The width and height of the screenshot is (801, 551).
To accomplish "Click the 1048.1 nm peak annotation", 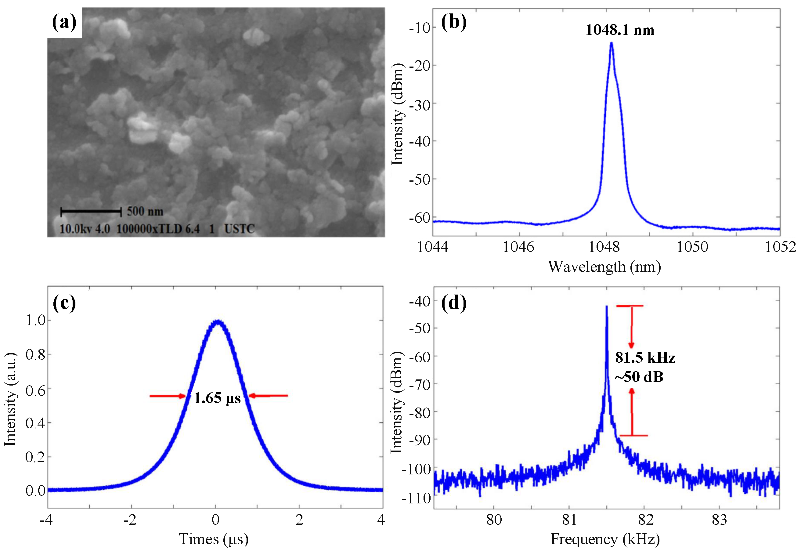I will click(619, 30).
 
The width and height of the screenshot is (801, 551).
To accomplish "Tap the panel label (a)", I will click(64, 23).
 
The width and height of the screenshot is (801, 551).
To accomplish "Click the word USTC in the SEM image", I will click(239, 229).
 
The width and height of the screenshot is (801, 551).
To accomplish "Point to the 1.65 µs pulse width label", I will click(217, 398).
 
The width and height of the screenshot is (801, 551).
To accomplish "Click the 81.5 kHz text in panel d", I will click(645, 358).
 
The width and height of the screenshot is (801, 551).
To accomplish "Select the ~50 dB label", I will click(639, 377).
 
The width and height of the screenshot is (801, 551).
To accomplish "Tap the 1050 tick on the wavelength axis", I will click(692, 247).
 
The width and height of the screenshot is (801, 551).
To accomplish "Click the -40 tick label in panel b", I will click(420, 142).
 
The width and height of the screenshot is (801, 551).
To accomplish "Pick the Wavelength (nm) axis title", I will click(604, 267).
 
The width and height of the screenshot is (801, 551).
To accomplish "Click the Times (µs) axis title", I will click(214, 539).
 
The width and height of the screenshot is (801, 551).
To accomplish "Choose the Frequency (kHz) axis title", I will click(604, 539).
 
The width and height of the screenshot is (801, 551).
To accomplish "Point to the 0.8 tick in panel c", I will click(35, 354).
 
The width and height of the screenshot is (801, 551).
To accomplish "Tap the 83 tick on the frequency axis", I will click(719, 520).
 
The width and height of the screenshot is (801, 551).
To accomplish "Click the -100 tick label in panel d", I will click(417, 469).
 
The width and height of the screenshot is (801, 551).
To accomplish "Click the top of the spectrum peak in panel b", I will click(611, 43).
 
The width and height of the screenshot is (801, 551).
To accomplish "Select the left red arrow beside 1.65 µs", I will click(168, 396).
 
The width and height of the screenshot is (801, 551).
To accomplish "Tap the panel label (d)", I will click(453, 303).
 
